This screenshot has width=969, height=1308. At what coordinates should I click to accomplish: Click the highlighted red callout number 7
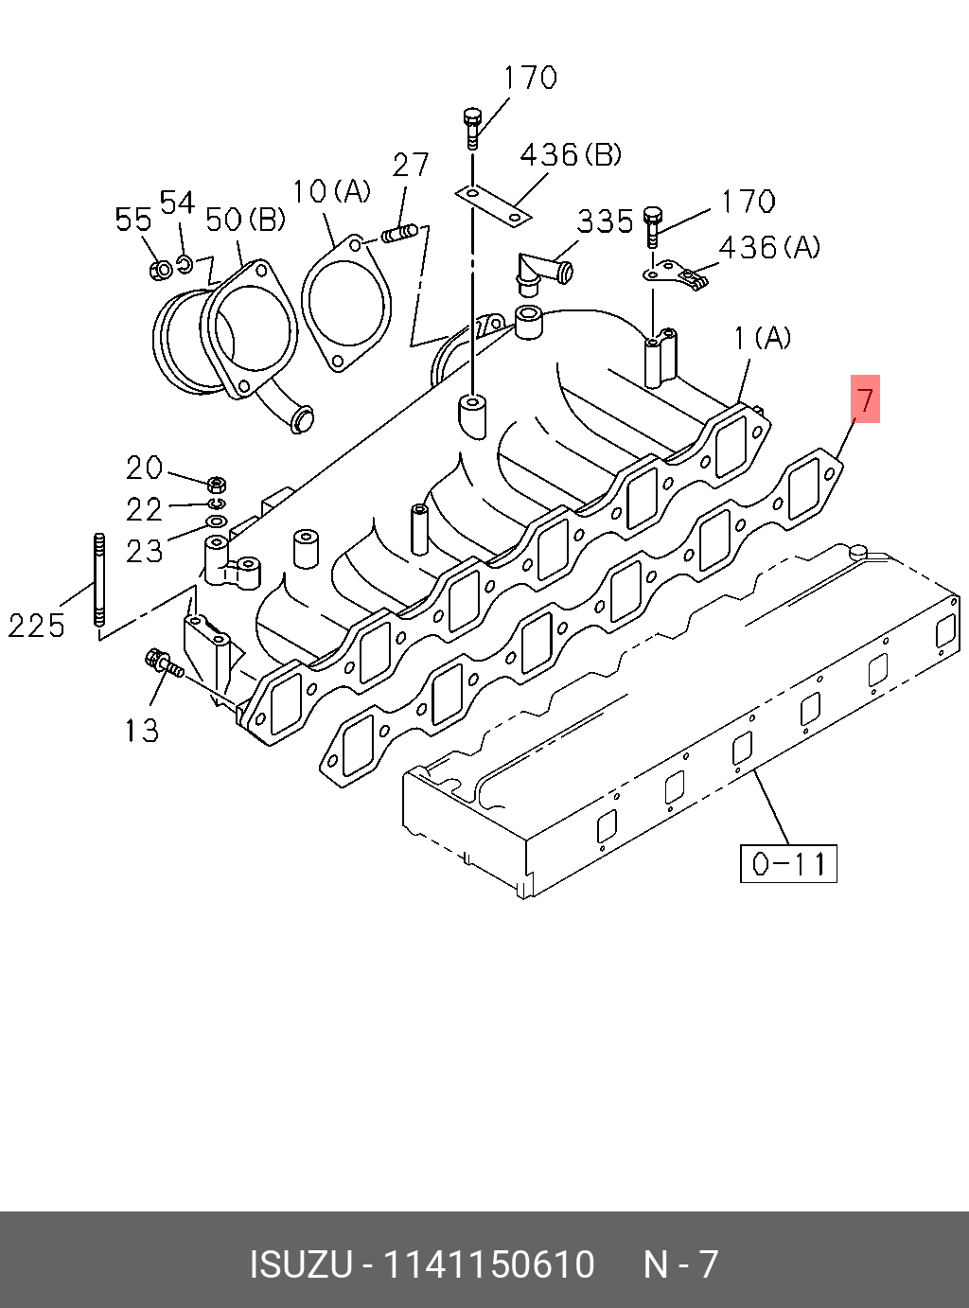[x=865, y=398]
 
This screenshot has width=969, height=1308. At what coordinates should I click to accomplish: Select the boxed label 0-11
[x=788, y=862]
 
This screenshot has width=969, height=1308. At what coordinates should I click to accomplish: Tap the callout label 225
[x=37, y=625]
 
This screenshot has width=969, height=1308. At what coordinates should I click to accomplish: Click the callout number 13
[x=141, y=730]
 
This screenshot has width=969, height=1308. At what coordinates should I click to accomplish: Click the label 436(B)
[x=571, y=153]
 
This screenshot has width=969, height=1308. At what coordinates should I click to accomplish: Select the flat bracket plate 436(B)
[x=492, y=206]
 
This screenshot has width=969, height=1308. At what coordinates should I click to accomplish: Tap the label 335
[x=605, y=221]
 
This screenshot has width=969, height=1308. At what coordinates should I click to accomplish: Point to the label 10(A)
[x=331, y=192]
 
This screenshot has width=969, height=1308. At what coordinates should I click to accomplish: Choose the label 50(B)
[x=245, y=220]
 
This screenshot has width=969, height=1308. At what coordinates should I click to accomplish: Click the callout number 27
[x=411, y=165]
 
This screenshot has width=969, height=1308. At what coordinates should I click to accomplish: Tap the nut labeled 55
[x=161, y=270]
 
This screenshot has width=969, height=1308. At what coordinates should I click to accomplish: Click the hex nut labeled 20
[x=216, y=483]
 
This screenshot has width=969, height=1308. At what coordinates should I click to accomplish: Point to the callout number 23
[x=145, y=551]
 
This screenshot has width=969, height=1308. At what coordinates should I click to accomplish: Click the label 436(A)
[x=769, y=247]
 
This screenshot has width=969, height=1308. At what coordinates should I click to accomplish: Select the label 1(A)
[x=763, y=337]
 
